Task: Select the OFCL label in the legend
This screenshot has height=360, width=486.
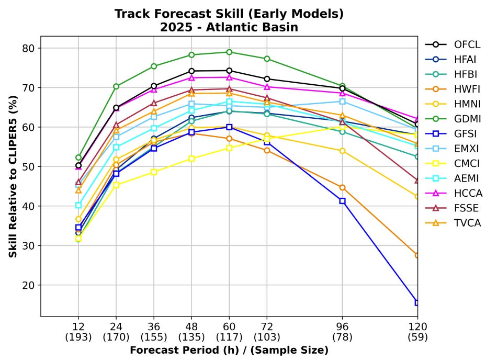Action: [467, 44]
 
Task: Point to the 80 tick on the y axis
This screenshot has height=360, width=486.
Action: [28, 48]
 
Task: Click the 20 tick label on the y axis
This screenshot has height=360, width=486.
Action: [28, 285]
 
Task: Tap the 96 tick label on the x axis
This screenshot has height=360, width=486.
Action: [342, 327]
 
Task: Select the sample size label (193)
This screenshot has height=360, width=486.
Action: [78, 337]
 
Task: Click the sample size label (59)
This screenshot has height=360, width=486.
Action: [417, 337]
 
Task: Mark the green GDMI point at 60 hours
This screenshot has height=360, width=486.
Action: [229, 52]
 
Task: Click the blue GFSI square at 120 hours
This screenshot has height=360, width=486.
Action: [417, 302]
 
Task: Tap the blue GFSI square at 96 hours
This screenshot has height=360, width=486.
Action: [342, 201]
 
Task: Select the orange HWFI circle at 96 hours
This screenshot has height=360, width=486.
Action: [342, 188]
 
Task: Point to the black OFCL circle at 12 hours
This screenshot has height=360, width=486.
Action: [78, 165]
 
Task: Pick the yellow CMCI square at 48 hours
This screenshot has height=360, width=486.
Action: [191, 159]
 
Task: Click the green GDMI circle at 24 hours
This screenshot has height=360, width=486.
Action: [116, 86]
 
